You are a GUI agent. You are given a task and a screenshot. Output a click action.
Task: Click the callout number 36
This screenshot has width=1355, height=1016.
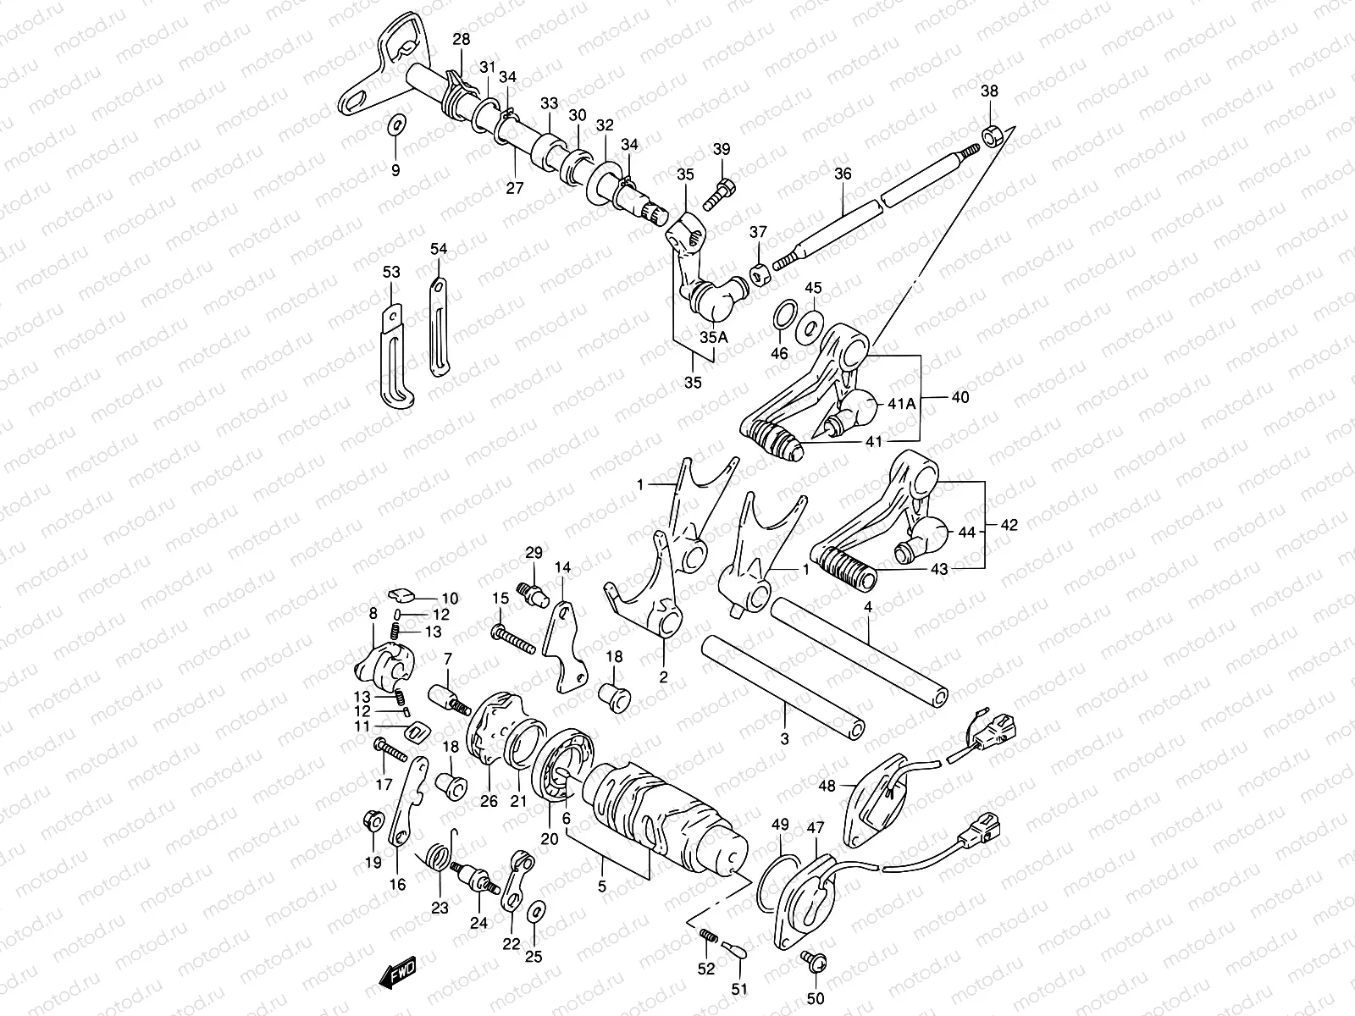point(843,174)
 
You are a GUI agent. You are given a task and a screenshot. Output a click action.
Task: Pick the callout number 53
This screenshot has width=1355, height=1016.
point(390,272)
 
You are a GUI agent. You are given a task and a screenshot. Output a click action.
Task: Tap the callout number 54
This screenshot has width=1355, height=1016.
point(438,249)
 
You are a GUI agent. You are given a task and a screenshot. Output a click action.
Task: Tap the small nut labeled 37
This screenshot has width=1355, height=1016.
point(759,273)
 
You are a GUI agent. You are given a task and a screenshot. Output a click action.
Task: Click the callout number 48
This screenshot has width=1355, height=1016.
point(827,786)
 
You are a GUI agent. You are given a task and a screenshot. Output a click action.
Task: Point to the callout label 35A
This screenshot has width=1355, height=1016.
point(713,336)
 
